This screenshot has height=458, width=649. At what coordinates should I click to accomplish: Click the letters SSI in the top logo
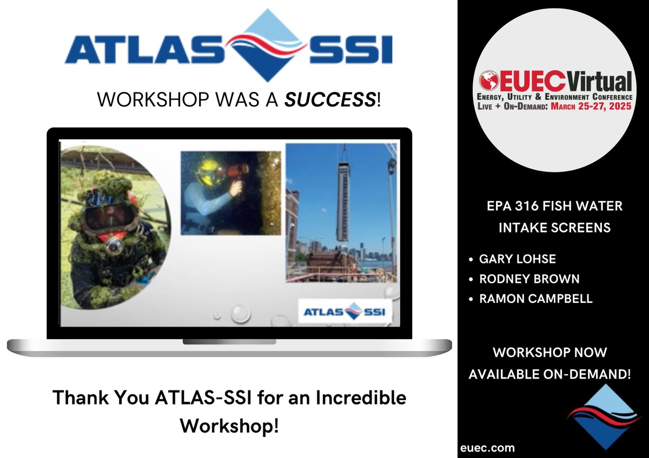point(346,50)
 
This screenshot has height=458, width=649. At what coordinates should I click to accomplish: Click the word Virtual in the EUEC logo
point(599,81)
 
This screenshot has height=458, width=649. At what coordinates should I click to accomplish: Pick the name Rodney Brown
point(529,279)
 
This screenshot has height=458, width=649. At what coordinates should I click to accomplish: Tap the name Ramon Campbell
point(535,298)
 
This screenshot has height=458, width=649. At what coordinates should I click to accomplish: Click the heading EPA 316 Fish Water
point(554,206)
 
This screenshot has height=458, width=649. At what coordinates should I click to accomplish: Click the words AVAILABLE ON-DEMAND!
point(549,374)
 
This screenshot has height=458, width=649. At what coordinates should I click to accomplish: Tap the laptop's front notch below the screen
point(229,342)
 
